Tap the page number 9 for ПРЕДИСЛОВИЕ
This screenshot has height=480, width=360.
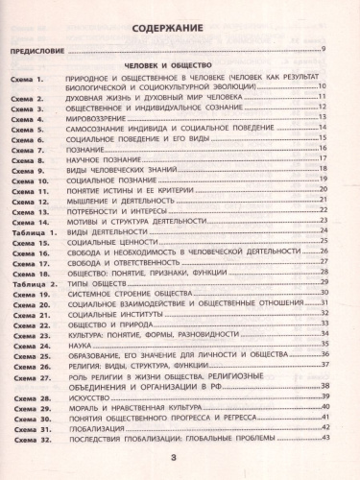[x=324, y=49]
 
